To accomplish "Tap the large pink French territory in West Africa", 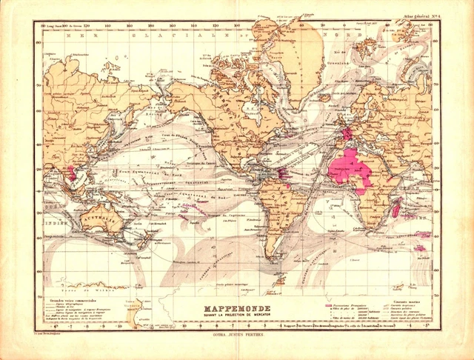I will click(353, 167).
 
